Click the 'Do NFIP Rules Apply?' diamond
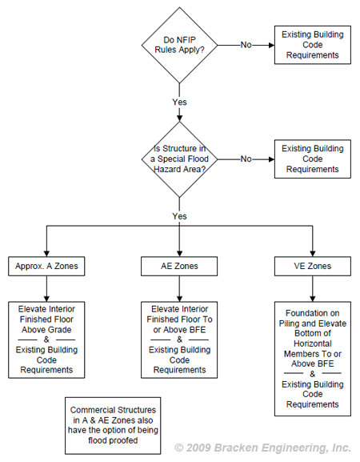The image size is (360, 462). [179, 45]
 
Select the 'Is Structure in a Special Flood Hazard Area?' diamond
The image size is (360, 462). [179, 159]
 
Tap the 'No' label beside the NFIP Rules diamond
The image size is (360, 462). [246, 45]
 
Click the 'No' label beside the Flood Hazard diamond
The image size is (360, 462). [246, 159]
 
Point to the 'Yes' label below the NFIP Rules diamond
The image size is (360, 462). [179, 102]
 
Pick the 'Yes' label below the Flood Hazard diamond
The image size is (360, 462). [179, 216]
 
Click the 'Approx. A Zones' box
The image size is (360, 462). [46, 266]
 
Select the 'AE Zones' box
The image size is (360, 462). [179, 266]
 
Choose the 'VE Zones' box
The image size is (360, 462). [313, 266]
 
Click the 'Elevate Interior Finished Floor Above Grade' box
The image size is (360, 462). [46, 339]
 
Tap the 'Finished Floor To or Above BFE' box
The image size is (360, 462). [179, 339]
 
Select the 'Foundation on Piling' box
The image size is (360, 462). [313, 359]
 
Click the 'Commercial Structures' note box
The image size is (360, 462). [113, 425]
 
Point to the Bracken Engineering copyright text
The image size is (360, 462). [263, 448]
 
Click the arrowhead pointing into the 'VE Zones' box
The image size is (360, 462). [313, 254]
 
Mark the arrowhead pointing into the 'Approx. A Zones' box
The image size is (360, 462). [46, 254]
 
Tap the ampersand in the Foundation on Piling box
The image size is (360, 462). [313, 374]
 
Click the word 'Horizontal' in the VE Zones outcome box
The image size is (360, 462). [313, 343]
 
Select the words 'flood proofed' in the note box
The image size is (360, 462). [113, 440]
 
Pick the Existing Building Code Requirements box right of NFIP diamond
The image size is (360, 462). [313, 45]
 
